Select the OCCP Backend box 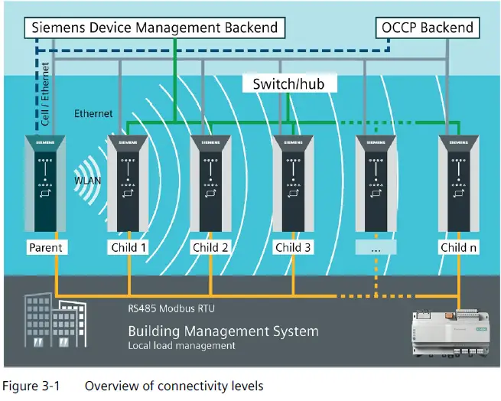pos(428,29)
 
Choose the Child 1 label pos(127,248)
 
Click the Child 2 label pos(210,248)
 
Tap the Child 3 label pos(294,248)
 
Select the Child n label pos(459,248)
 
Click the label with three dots pos(376,248)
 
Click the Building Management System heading pos(223,331)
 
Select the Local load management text pos(181,346)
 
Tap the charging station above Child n pos(459,184)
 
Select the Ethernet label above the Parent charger pos(93,114)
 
